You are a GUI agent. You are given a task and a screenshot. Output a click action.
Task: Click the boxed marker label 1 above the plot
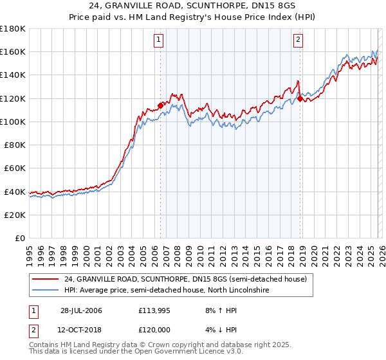pyautogui.click(x=159, y=40)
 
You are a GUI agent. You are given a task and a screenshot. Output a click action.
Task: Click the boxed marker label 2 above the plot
pyautogui.click(x=299, y=40)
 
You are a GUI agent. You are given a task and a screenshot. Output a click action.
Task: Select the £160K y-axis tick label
pyautogui.click(x=13, y=51)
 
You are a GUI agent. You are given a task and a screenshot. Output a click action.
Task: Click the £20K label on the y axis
pyautogui.click(x=15, y=215)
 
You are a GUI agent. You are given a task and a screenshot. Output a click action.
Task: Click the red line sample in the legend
pyautogui.click(x=45, y=279)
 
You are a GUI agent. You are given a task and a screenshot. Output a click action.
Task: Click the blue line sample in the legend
pyautogui.click(x=45, y=291)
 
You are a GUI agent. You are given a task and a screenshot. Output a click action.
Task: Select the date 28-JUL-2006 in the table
pyautogui.click(x=81, y=310)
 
